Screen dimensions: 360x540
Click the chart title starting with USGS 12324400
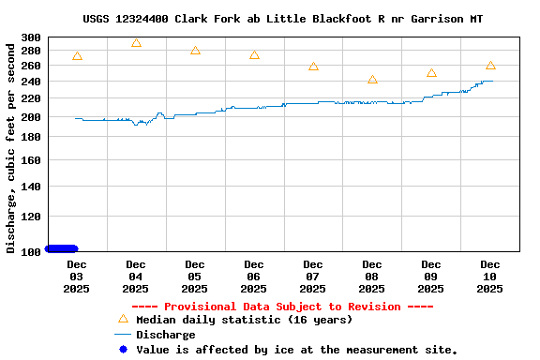coord(282,19)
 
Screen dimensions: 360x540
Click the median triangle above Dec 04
coord(136,43)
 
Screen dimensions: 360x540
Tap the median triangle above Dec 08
coord(372,80)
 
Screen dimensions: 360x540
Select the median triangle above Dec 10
coord(490,66)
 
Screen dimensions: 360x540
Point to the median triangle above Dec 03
coord(77,56)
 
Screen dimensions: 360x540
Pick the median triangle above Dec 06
coord(254,55)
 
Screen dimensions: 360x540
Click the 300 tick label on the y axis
coord(31,38)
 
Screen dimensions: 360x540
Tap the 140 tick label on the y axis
coord(31,187)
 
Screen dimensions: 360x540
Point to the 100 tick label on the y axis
coord(31,251)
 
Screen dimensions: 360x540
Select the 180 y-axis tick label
coord(31,138)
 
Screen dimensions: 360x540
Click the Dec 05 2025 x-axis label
coord(195,277)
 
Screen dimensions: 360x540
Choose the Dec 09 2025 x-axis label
coord(431,277)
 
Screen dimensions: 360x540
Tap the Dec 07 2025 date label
coord(313,277)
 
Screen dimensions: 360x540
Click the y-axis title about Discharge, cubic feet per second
coord(11,145)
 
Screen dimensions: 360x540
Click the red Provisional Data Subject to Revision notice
coord(282,307)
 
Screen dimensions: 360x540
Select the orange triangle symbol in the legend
coord(123,319)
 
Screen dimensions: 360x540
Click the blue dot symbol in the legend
coord(123,350)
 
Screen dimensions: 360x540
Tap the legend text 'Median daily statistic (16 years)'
coord(244,320)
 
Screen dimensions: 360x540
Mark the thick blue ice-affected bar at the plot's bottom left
coord(62,248)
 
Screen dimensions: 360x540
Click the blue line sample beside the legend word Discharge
coord(123,335)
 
